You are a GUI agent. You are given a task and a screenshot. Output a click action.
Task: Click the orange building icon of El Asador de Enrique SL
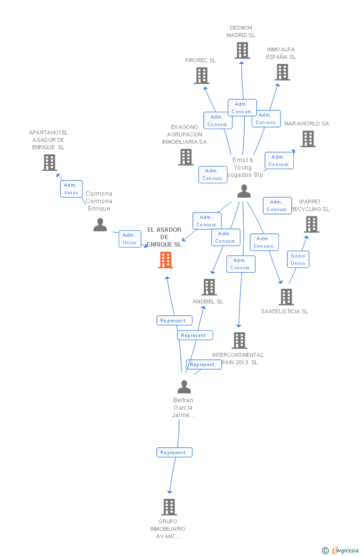coord(166,260)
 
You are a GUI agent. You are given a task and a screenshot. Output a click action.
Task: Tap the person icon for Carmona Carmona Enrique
coord(100,225)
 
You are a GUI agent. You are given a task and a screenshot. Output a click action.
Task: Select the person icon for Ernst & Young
coord(244,191)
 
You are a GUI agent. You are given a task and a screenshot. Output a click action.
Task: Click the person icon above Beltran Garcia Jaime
coord(184,386)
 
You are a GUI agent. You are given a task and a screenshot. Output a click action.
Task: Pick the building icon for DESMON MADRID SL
coord(242,50)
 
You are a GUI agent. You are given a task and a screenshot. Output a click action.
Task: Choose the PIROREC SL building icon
coord(201,76)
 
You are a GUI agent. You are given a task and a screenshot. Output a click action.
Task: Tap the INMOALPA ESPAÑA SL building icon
coord(282,72)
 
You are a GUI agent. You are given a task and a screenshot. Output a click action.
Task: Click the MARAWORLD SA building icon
coord(308,139)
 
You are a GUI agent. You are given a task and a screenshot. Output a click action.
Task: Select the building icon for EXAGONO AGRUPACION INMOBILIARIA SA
coord(186,157)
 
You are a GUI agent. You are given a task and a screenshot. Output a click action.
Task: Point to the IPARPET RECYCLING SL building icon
coord(311,224)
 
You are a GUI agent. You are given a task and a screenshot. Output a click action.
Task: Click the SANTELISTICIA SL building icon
coord(286,297)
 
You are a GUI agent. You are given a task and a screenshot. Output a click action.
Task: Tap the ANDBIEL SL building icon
coord(209,287)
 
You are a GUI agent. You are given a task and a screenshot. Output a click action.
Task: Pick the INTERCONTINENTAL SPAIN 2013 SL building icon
coord(239,341)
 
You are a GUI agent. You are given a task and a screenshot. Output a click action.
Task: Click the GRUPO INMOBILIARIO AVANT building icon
coord(169,507)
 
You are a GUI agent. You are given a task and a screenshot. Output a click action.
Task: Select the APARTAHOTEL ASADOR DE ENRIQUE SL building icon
coord(49,163)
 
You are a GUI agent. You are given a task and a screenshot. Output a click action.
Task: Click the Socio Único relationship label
coord(298,259)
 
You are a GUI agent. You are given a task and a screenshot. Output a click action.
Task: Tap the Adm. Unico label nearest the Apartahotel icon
coord(71,189)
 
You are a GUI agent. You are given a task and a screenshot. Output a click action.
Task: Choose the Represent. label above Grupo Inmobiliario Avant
coord(174,452)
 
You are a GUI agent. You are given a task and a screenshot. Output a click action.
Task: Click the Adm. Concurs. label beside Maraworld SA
coord(279,161)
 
